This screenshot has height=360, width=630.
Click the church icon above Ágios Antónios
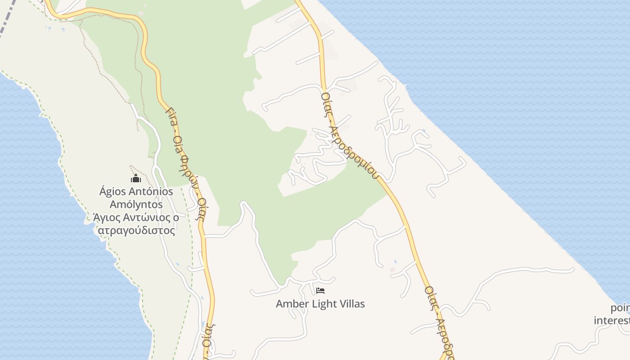coord(136,179)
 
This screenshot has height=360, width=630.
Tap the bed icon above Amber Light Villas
coord(320,291)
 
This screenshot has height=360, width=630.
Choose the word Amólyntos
coord(136,205)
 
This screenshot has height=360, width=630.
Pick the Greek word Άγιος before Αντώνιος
coord(107,218)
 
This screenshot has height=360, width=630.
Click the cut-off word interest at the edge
coord(612,320)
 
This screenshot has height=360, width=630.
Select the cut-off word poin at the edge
coord(620,309)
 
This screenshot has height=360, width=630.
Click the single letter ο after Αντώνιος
coord(175,218)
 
